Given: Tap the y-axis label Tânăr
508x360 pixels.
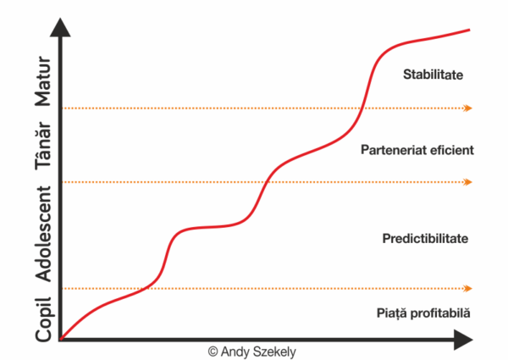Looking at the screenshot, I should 45,147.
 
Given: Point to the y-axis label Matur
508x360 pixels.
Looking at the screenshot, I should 45,82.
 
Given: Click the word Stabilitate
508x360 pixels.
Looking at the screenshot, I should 432,75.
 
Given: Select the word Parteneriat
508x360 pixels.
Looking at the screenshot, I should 391,149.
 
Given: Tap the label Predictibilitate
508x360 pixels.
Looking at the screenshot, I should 425,238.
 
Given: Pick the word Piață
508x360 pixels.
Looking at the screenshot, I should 392,313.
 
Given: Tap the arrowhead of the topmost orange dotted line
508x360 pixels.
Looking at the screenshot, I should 468,108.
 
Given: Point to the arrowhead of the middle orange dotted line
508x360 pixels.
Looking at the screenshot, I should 468,181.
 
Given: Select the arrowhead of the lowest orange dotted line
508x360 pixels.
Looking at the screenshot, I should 468,288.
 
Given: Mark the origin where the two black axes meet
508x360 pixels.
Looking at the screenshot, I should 60,341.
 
